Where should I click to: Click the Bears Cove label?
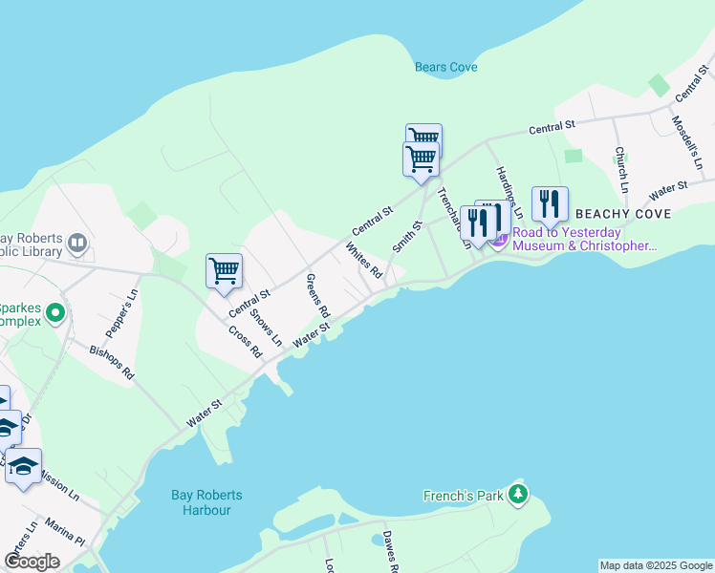[445, 68]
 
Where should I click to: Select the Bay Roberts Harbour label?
[206, 502]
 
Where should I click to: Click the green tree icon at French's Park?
[517, 494]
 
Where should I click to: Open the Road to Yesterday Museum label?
[584, 239]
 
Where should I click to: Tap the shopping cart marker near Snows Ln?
[224, 270]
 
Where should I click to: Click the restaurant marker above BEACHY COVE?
[550, 203]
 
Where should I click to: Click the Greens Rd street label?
[317, 296]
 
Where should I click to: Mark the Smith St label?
[407, 239]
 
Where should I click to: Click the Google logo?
[32, 562]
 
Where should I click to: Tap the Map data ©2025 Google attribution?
[655, 565]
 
